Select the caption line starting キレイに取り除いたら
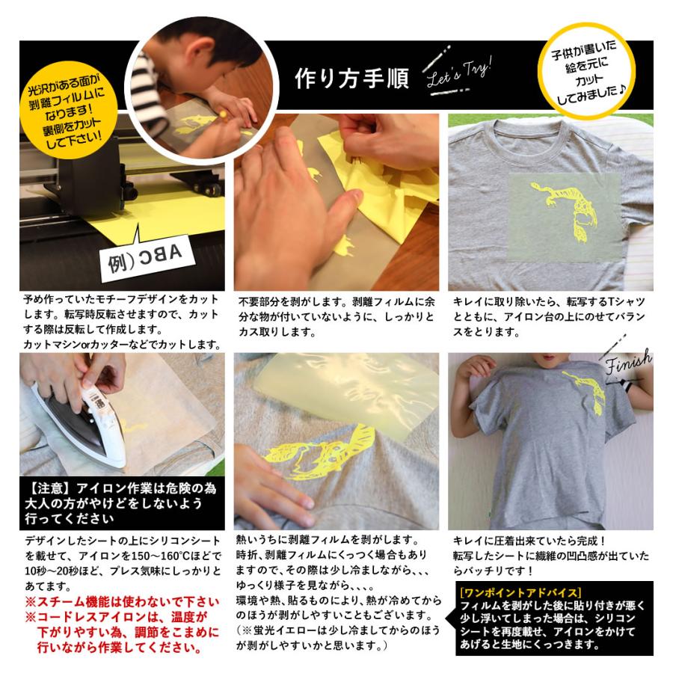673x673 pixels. coord(549,301)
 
